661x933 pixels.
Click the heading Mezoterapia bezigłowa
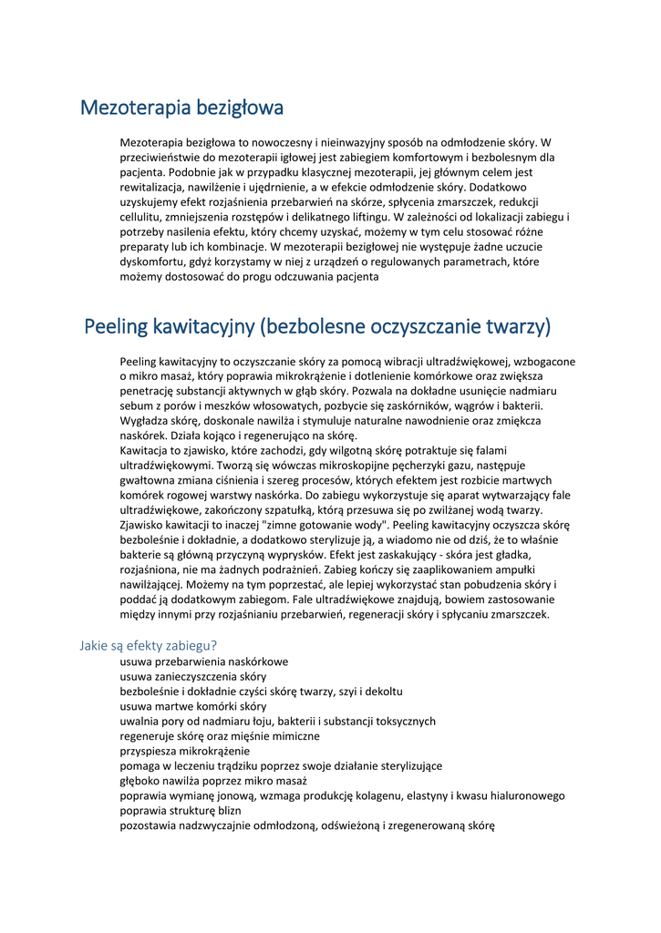pyautogui.click(x=181, y=108)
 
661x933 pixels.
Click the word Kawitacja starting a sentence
pyautogui.click(x=146, y=450)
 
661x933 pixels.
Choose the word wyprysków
pyautogui.click(x=334, y=555)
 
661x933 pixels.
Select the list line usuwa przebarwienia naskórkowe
pyautogui.click(x=204, y=661)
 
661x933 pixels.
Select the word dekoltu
pyautogui.click(x=382, y=692)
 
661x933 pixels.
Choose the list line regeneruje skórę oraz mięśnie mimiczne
pyautogui.click(x=219, y=736)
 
